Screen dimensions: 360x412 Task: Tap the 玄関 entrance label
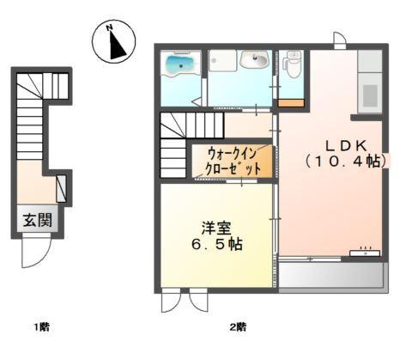(37, 219)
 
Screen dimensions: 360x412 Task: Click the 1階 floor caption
(41, 326)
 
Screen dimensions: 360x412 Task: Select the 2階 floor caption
(238, 326)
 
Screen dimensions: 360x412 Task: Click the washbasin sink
(253, 60)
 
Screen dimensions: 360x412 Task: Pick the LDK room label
(346, 143)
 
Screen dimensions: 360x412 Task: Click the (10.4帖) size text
(345, 161)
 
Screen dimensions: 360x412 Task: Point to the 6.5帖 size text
(216, 244)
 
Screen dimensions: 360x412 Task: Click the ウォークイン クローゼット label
(233, 161)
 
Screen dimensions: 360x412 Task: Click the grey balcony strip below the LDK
(330, 273)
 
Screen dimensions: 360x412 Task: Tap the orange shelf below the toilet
(293, 103)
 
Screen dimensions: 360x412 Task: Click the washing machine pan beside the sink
(224, 61)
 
